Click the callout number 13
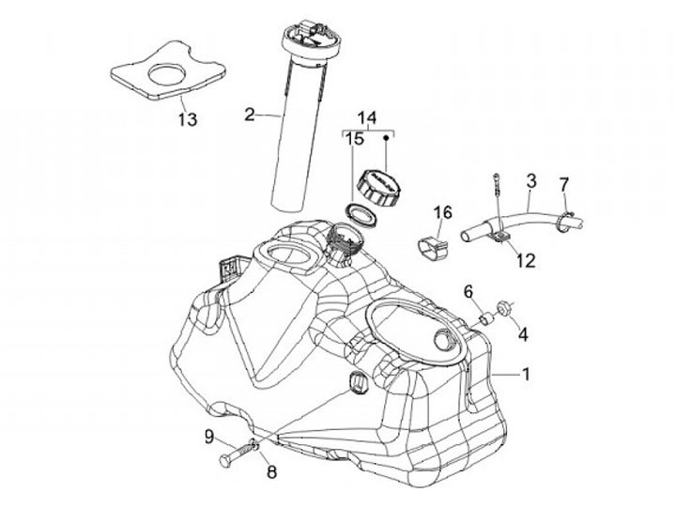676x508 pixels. tap(188, 119)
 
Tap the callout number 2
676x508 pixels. tap(250, 115)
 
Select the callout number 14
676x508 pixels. tap(366, 117)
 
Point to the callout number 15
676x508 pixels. tap(354, 139)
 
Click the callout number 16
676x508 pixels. tap(443, 212)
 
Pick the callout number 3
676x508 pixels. tap(531, 181)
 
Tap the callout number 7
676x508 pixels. tap(564, 184)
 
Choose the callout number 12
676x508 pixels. tap(526, 260)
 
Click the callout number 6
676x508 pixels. tap(469, 292)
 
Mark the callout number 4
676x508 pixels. tap(523, 334)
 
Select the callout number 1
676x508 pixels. tap(526, 374)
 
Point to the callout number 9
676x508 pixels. tap(209, 438)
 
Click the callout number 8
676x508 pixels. tap(271, 471)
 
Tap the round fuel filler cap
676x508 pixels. tap(379, 186)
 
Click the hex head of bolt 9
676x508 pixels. tap(226, 460)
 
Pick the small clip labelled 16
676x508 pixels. tap(433, 248)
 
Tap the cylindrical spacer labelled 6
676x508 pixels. tap(486, 319)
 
